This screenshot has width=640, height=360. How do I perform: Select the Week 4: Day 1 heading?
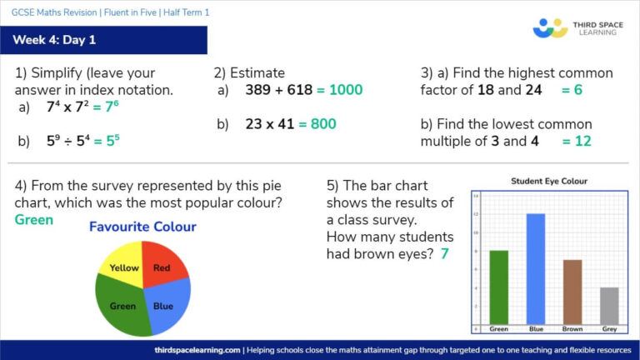[55, 40]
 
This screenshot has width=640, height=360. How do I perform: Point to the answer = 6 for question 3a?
[572, 90]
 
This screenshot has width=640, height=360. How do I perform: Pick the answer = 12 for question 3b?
[576, 141]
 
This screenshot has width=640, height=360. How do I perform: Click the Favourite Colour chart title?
[142, 227]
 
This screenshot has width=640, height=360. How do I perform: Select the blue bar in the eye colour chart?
[535, 268]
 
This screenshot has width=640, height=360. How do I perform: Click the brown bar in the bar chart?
[572, 291]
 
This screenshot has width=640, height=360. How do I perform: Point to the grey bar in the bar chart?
[609, 305]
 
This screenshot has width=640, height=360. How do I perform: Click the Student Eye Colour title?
[548, 181]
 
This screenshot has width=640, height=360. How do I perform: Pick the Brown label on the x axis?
[572, 329]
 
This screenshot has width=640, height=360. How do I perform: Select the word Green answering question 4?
[34, 220]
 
